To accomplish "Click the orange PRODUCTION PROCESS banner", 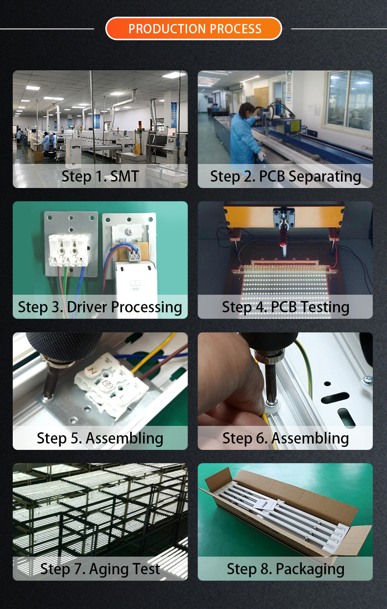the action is [x=193, y=28].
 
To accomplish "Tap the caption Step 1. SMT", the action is [x=100, y=176].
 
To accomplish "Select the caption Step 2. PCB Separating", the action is [x=286, y=177].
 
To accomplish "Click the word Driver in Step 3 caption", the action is [x=87, y=307].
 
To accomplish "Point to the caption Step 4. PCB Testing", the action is [x=286, y=307].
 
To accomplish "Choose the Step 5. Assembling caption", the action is [x=100, y=438].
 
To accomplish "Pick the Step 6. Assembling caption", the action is [x=286, y=438].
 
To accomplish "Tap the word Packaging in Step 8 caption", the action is [x=310, y=569].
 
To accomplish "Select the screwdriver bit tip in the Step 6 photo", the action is [x=270, y=399].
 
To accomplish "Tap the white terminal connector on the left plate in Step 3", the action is [x=69, y=250].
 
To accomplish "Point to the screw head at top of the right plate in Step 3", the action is [x=128, y=232].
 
